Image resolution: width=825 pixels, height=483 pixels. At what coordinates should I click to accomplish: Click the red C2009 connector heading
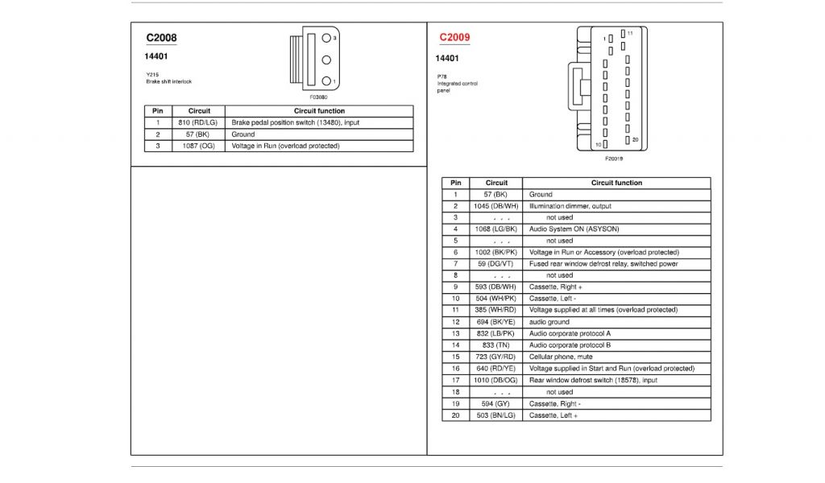454,37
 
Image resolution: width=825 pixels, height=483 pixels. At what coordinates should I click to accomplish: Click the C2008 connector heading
161,38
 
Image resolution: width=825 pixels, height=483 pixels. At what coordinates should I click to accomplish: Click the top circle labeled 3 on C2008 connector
326,38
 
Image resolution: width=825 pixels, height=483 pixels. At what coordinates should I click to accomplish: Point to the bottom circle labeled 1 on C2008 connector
326,80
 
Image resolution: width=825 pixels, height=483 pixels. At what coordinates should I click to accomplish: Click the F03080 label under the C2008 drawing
318,97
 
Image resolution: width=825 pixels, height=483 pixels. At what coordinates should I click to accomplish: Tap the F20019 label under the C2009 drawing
614,159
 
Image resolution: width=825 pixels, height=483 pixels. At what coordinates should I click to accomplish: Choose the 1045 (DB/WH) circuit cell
496,206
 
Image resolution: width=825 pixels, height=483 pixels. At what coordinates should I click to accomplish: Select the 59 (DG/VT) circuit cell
496,264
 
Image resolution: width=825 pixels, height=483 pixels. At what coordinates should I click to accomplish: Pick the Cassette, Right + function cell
556,287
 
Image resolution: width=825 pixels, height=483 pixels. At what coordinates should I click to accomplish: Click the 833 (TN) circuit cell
496,345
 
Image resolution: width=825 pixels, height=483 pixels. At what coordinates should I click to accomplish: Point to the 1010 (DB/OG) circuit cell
496,380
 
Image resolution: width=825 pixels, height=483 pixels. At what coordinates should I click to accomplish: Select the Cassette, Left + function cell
553,415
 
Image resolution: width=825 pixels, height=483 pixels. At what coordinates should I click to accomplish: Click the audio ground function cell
549,322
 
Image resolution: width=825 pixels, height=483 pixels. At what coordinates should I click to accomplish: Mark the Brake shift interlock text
169,81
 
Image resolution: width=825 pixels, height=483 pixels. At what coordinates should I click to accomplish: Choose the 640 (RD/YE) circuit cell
496,369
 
